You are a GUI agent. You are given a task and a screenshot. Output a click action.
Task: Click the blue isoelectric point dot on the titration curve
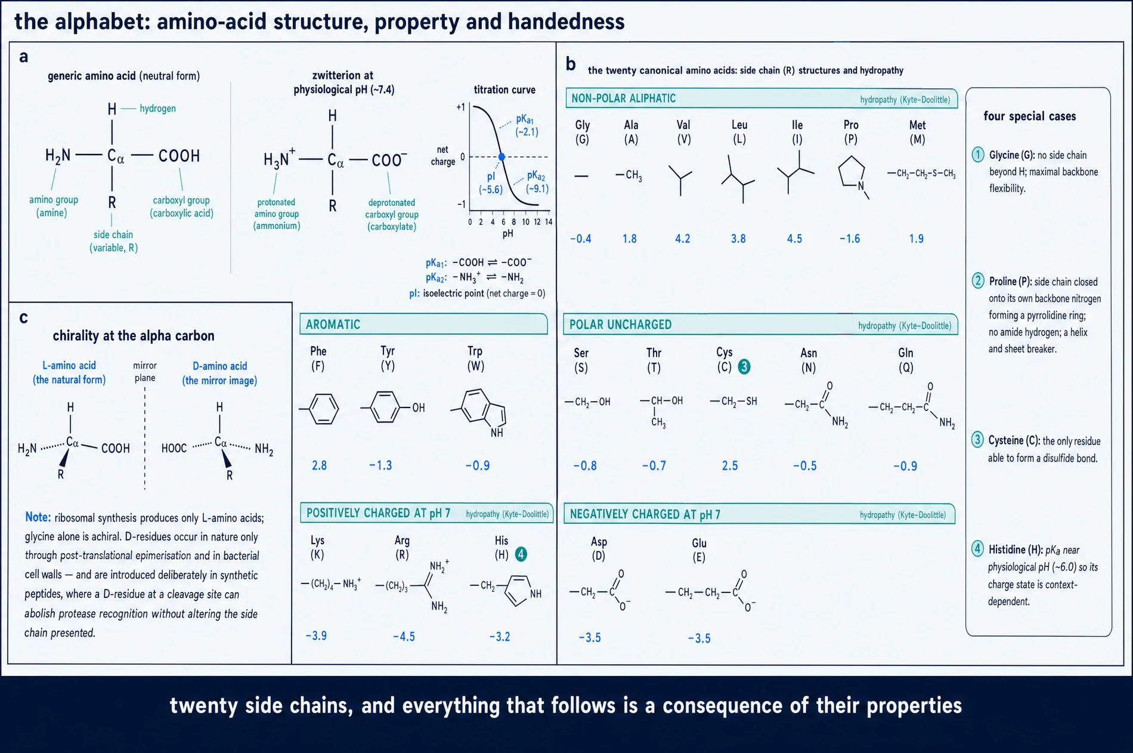(502, 157)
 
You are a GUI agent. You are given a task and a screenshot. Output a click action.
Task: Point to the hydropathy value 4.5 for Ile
(794, 239)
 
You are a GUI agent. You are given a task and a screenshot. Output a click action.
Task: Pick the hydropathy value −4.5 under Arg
(404, 637)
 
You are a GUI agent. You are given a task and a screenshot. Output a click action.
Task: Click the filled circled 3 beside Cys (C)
(744, 367)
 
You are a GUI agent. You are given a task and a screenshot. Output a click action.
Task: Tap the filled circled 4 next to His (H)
(521, 554)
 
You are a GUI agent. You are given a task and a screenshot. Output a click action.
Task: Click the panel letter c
(24, 317)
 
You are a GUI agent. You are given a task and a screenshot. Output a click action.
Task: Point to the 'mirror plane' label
(145, 371)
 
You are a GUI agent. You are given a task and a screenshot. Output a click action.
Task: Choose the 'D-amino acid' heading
(219, 366)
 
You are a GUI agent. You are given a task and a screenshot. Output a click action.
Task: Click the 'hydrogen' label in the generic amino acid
(157, 109)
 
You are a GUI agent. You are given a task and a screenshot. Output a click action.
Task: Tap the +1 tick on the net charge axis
(460, 107)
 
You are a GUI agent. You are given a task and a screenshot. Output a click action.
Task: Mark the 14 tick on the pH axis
(549, 222)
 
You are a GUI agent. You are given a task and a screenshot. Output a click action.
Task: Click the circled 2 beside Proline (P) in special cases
(978, 280)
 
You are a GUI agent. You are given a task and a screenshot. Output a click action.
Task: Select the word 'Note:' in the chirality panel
(38, 517)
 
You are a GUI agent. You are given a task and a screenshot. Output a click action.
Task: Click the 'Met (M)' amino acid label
(917, 132)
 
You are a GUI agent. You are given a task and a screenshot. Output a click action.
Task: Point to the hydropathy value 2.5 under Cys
(730, 465)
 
